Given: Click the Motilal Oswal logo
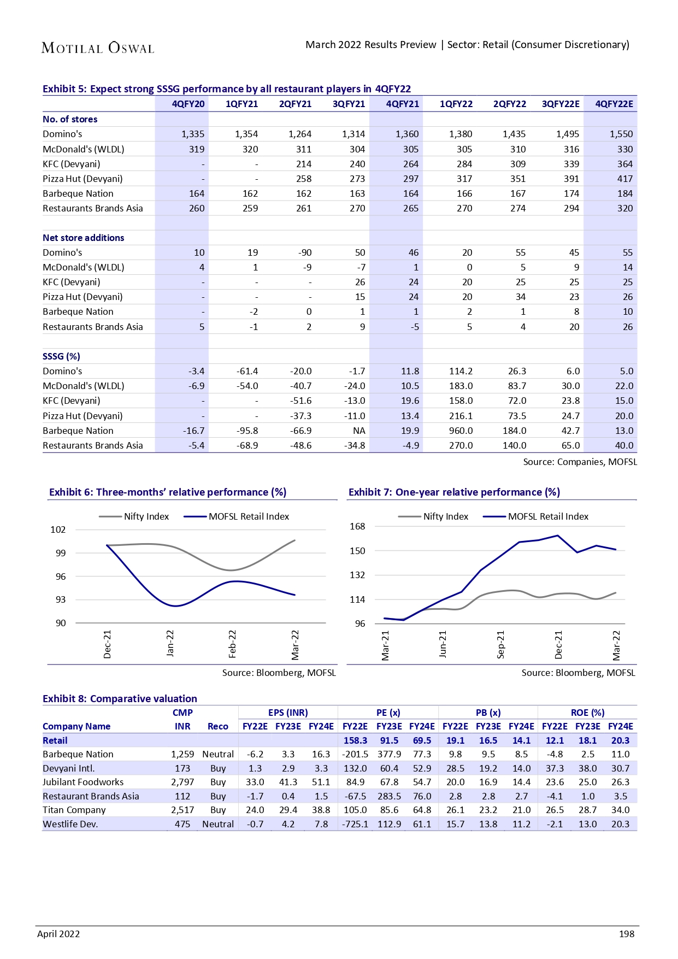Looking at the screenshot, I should click(98, 48).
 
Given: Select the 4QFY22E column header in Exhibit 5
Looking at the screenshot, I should click(614, 104).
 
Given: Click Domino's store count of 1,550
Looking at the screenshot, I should click(621, 134).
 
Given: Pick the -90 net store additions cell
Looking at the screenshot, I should click(305, 252).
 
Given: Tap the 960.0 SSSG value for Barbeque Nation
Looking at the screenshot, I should click(461, 431).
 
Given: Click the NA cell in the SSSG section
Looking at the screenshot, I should click(359, 431).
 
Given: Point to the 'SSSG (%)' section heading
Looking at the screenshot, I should click(61, 356).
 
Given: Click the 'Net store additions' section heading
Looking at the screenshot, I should click(83, 238).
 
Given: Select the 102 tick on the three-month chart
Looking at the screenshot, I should click(58, 529).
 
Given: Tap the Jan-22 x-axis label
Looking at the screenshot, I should click(170, 643).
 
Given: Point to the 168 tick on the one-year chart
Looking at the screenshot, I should click(357, 526).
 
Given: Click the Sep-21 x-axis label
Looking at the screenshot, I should click(500, 644).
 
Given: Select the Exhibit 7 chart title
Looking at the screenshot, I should click(454, 492).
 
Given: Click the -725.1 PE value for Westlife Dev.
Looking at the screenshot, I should click(355, 824).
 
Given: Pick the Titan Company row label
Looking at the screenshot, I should click(74, 810).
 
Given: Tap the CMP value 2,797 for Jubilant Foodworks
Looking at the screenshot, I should click(182, 782).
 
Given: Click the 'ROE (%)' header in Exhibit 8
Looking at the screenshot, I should click(587, 713).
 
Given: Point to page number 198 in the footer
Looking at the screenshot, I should click(626, 934).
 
